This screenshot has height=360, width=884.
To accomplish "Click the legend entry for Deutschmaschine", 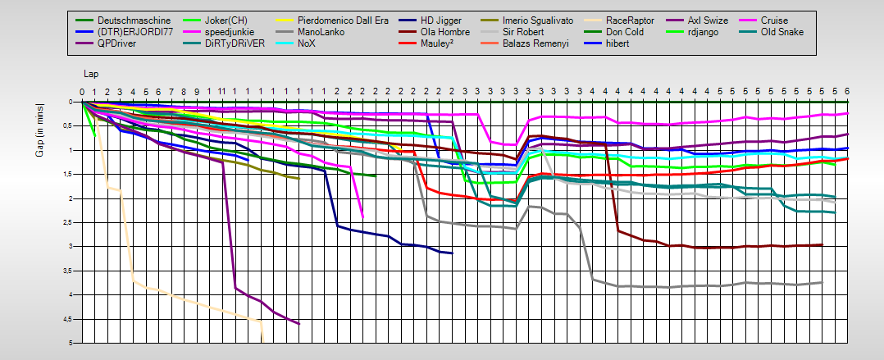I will tap(123, 20).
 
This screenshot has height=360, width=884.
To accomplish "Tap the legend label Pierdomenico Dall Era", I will tap(343, 20).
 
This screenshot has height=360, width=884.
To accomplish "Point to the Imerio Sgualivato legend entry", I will tap(538, 20).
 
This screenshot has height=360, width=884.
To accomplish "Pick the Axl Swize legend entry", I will tap(707, 20).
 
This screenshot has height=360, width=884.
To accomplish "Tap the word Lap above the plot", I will tap(90, 74).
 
